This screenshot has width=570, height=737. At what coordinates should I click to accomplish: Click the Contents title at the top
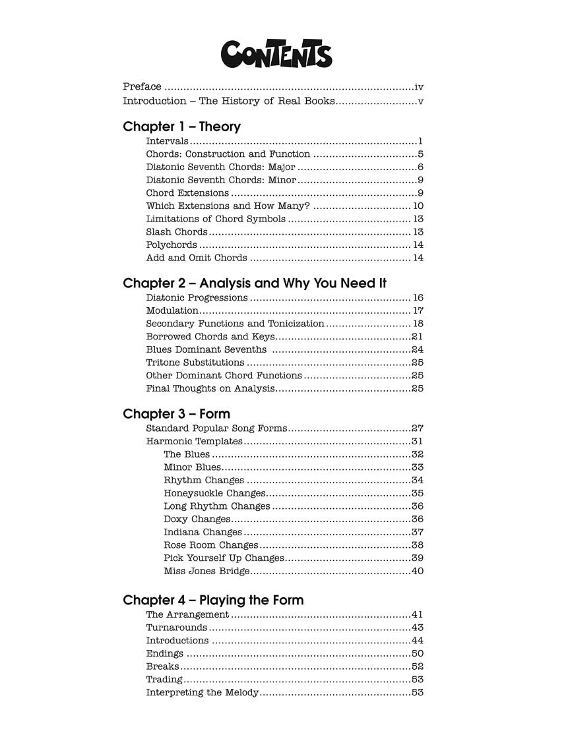click(276, 55)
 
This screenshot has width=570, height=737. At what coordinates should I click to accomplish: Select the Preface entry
click(142, 86)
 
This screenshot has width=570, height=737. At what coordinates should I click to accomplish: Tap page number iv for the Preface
click(419, 86)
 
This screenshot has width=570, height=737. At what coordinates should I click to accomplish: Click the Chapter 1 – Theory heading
click(181, 127)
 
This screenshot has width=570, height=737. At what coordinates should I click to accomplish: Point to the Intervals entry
click(168, 141)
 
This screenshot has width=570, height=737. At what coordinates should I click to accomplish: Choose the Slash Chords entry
click(176, 232)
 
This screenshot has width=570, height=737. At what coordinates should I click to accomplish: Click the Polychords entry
click(172, 245)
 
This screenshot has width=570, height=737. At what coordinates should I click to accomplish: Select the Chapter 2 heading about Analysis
click(255, 283)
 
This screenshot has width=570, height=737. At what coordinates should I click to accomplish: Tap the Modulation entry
click(172, 310)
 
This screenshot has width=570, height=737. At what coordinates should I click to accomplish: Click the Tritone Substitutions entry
click(195, 363)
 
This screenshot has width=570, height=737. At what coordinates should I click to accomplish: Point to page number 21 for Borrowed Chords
click(417, 337)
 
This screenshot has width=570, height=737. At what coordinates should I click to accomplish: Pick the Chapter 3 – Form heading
click(176, 414)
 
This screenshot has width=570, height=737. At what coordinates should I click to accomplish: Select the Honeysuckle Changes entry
click(214, 493)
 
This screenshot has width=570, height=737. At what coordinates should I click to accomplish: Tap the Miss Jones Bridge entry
click(206, 571)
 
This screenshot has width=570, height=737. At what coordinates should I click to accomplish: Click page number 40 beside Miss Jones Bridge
click(417, 571)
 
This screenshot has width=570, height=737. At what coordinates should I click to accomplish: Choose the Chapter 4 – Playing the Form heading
click(213, 600)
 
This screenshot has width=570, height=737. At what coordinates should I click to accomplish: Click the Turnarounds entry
click(177, 628)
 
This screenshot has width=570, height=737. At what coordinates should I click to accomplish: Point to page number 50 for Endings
click(417, 653)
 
